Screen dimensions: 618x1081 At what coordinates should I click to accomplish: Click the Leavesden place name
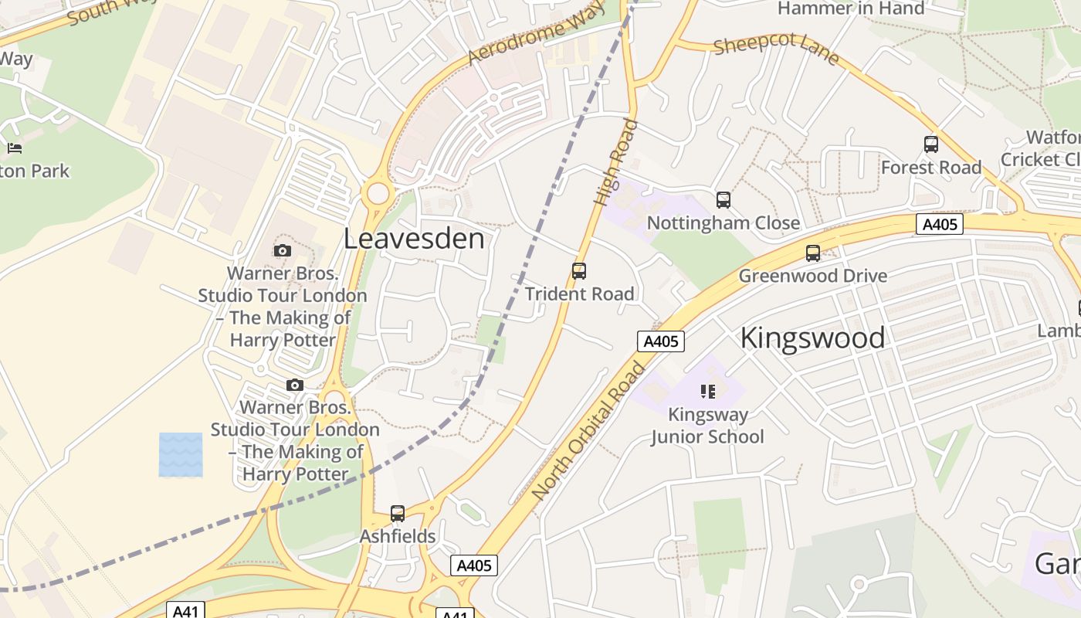pyautogui.click(x=414, y=239)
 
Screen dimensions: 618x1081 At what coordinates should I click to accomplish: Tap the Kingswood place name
pyautogui.click(x=812, y=338)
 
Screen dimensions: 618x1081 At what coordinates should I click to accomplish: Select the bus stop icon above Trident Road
pyautogui.click(x=579, y=271)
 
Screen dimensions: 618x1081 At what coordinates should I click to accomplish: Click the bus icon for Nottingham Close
pyautogui.click(x=723, y=200)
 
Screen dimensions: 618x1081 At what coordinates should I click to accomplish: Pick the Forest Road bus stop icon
pyautogui.click(x=931, y=144)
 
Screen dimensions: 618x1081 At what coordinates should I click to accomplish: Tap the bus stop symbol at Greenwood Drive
pyautogui.click(x=813, y=253)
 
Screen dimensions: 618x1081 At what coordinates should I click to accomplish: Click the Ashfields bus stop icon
pyautogui.click(x=398, y=514)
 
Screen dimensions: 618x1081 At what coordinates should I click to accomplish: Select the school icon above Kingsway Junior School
pyautogui.click(x=708, y=392)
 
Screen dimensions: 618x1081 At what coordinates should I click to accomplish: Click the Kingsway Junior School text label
pyautogui.click(x=707, y=426)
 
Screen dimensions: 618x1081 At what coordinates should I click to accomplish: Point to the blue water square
pyautogui.click(x=181, y=454)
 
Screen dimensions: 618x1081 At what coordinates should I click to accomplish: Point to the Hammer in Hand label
pyautogui.click(x=851, y=8)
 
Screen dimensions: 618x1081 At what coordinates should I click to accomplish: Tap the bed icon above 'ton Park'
pyautogui.click(x=14, y=148)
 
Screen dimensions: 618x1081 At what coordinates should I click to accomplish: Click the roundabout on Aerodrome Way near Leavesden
pyautogui.click(x=378, y=192)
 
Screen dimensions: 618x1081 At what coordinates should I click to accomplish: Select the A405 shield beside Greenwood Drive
pyautogui.click(x=940, y=225)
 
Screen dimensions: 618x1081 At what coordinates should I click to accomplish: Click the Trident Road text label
pyautogui.click(x=579, y=294)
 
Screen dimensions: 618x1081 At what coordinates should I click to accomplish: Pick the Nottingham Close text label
pyautogui.click(x=723, y=223)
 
